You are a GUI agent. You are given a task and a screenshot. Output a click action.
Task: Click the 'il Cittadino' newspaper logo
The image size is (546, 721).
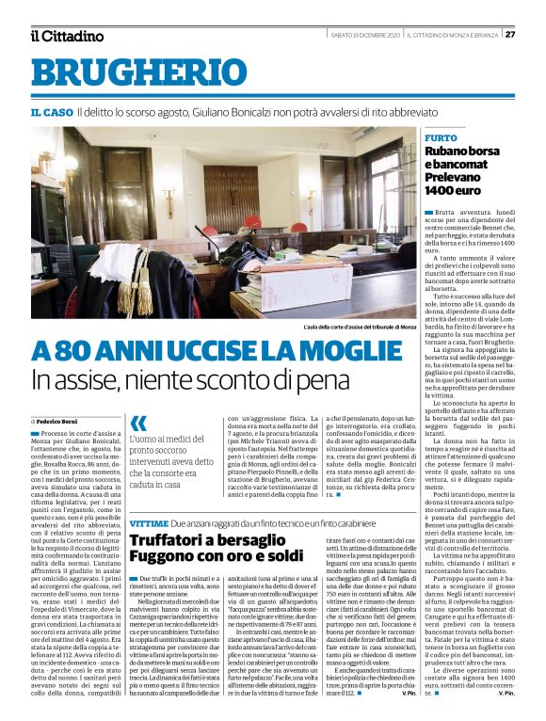(x=66, y=36)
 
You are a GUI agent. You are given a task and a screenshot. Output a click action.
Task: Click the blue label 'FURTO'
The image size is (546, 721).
(x=442, y=137)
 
